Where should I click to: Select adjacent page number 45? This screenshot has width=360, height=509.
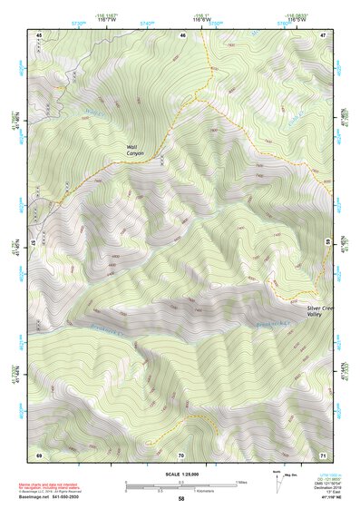tap(40, 34)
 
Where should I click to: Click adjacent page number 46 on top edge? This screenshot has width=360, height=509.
tap(182, 34)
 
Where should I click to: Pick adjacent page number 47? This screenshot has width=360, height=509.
tap(323, 34)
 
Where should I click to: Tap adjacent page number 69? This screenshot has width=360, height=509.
tap(40, 454)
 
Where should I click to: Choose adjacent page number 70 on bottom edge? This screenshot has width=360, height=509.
tap(182, 454)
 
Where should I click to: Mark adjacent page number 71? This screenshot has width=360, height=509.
tap(323, 454)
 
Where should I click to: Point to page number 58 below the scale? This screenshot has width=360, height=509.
tap(181, 498)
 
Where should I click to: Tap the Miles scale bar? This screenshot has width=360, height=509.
tap(182, 482)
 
